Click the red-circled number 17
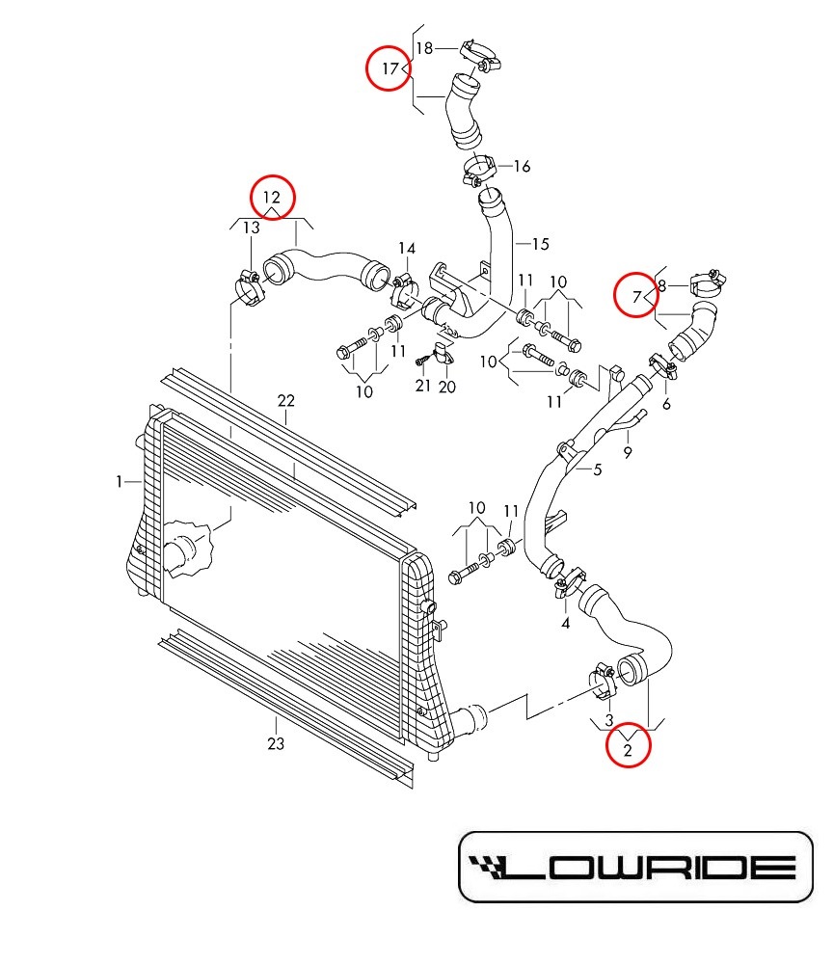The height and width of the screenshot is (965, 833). (x=390, y=68)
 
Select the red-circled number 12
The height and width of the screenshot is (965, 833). (x=273, y=197)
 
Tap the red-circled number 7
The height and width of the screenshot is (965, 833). (x=637, y=296)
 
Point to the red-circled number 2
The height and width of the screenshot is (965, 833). (x=628, y=747)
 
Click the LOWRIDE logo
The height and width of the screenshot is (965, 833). (x=634, y=866)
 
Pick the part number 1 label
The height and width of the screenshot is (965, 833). (x=120, y=481)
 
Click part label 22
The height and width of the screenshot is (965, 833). (x=285, y=400)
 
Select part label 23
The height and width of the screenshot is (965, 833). (x=276, y=743)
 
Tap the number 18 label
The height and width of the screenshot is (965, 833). (x=424, y=47)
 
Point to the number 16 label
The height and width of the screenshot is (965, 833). (x=522, y=167)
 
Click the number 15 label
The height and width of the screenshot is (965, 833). (x=539, y=244)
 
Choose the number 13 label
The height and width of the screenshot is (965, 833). (x=251, y=228)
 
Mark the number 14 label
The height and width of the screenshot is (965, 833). (x=406, y=249)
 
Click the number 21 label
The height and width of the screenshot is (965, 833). (x=422, y=386)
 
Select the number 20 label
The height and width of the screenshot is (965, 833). (x=447, y=387)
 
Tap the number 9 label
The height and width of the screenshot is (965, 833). (x=628, y=450)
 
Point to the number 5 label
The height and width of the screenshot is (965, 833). (x=597, y=469)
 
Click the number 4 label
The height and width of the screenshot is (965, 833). (x=566, y=623)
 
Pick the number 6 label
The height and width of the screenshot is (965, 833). (x=666, y=404)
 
